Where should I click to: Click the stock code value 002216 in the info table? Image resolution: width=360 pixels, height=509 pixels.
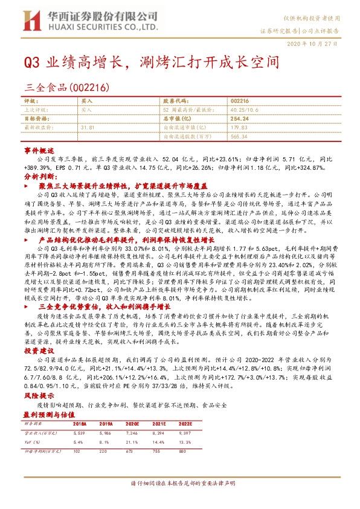click(240, 102)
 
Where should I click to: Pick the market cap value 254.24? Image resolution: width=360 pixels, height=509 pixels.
click(240, 119)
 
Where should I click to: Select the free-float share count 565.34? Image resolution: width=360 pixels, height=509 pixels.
click(240, 136)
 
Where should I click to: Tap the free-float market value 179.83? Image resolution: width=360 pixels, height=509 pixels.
click(240, 128)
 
